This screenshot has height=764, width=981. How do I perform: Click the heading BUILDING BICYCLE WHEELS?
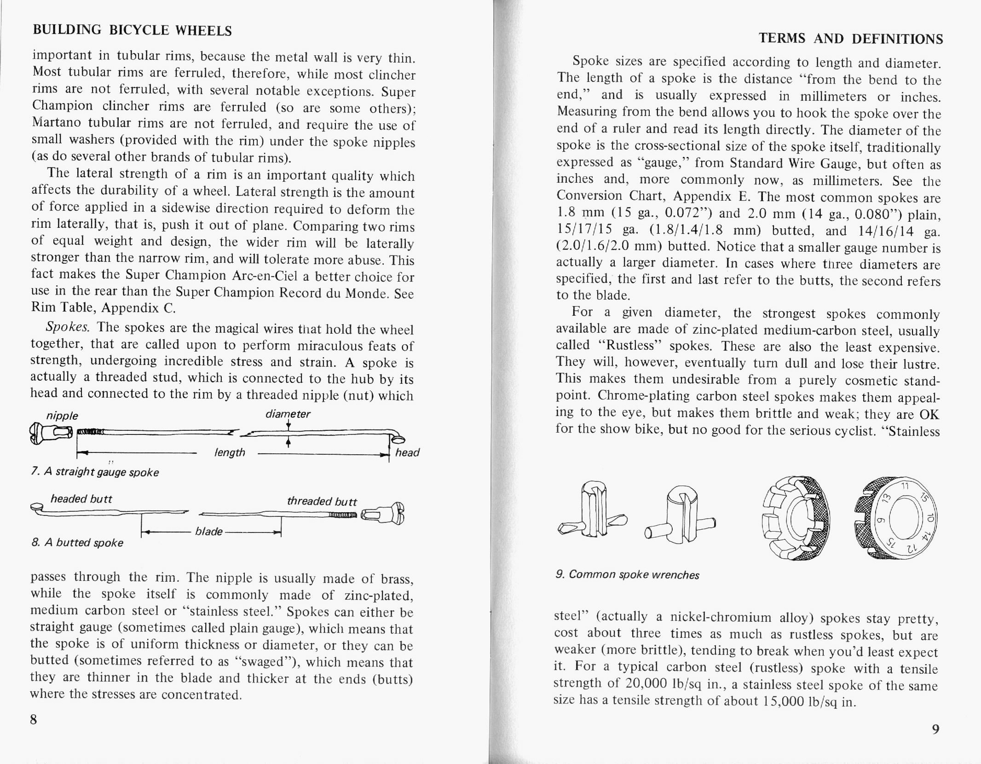pyautogui.click(x=132, y=30)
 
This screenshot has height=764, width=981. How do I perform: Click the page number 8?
pyautogui.click(x=34, y=719)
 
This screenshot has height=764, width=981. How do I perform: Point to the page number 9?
pyautogui.click(x=935, y=729)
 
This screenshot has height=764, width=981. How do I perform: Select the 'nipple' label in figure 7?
pyautogui.click(x=62, y=416)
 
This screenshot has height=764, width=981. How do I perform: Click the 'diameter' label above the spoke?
pyautogui.click(x=288, y=414)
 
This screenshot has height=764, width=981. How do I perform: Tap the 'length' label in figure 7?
pyautogui.click(x=230, y=453)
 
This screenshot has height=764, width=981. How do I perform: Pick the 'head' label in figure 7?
pyautogui.click(x=407, y=453)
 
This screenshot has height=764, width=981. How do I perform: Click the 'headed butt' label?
pyautogui.click(x=81, y=499)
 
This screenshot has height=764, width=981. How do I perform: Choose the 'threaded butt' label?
pyautogui.click(x=322, y=501)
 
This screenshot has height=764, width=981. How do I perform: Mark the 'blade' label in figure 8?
pyautogui.click(x=209, y=532)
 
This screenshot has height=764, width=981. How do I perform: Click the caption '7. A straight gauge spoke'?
pyautogui.click(x=95, y=473)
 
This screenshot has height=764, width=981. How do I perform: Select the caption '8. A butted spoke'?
pyautogui.click(x=77, y=543)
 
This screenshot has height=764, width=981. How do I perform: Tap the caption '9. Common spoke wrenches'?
pyautogui.click(x=627, y=575)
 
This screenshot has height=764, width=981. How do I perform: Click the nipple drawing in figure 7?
pyautogui.click(x=51, y=433)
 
